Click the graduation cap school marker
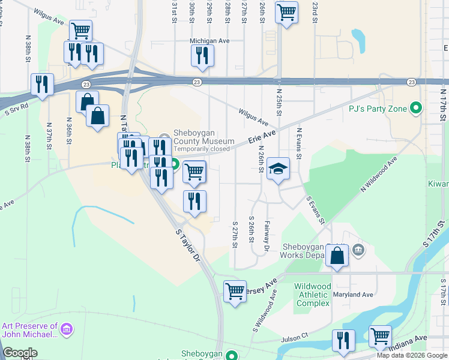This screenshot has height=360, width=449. (x=279, y=169)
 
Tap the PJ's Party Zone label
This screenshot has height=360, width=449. (x=378, y=109)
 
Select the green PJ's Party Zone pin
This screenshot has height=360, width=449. (x=415, y=109)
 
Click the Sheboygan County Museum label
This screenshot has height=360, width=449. (x=203, y=137)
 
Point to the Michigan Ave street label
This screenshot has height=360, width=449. (x=209, y=41)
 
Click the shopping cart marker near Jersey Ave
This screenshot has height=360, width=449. (x=235, y=292)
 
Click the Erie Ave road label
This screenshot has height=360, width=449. (x=261, y=138)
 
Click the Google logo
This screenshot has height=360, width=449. (x=20, y=353)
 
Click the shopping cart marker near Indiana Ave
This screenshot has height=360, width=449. (x=381, y=337)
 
